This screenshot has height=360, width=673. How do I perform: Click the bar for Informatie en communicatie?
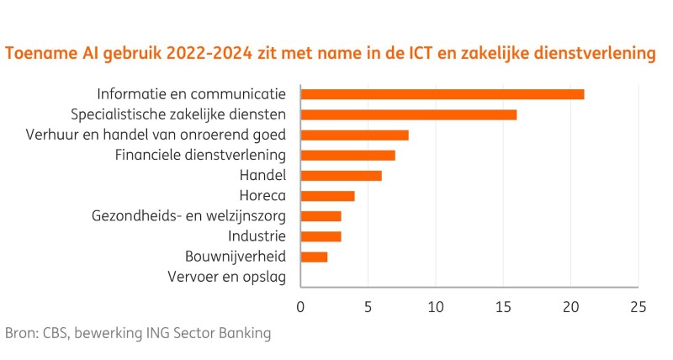tap(442, 94)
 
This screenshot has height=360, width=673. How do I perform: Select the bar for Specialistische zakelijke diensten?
tap(408, 114)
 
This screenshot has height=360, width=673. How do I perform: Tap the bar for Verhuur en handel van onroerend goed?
tap(354, 135)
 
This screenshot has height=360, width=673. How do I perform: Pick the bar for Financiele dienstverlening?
tap(347, 155)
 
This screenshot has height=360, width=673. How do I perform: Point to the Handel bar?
tap(341, 175)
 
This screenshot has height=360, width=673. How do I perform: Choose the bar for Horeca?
tap(327, 196)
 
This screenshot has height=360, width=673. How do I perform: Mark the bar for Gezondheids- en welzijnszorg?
tap(321, 216)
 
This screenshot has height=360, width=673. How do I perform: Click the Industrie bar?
tap(321, 236)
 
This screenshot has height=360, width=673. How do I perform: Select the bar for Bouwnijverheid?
tap(314, 257)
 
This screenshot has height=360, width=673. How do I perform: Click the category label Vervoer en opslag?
tap(227, 277)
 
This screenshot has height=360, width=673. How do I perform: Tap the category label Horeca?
tap(262, 196)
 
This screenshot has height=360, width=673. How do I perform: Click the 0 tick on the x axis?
tap(300, 306)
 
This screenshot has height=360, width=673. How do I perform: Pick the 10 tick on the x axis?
tap(435, 306)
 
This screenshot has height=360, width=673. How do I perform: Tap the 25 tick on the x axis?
tap(638, 306)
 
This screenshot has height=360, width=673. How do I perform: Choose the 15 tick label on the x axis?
tap(503, 306)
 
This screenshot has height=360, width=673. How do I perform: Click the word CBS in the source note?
tap(58, 333)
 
